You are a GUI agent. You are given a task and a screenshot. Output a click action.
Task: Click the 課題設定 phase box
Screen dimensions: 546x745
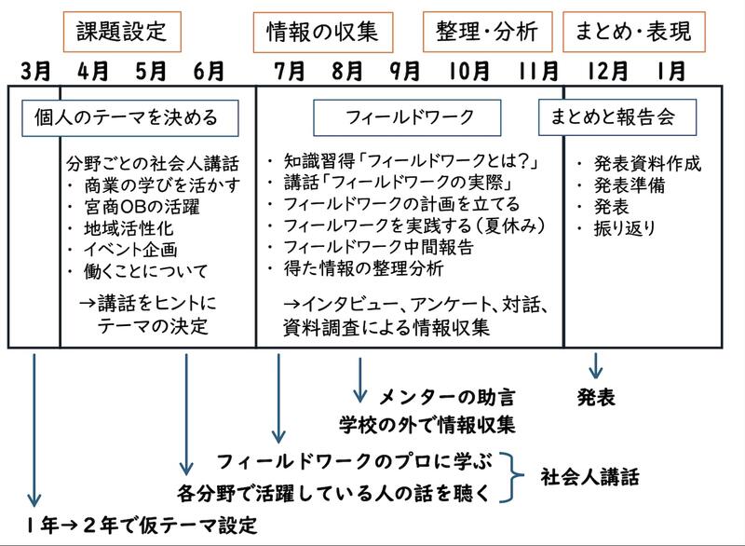121,32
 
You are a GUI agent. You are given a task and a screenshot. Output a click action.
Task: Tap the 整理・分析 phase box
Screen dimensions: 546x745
486,32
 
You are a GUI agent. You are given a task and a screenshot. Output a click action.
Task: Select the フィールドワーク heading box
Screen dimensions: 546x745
410,118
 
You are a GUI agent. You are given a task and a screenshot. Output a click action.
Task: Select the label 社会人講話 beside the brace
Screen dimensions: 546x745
590,476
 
